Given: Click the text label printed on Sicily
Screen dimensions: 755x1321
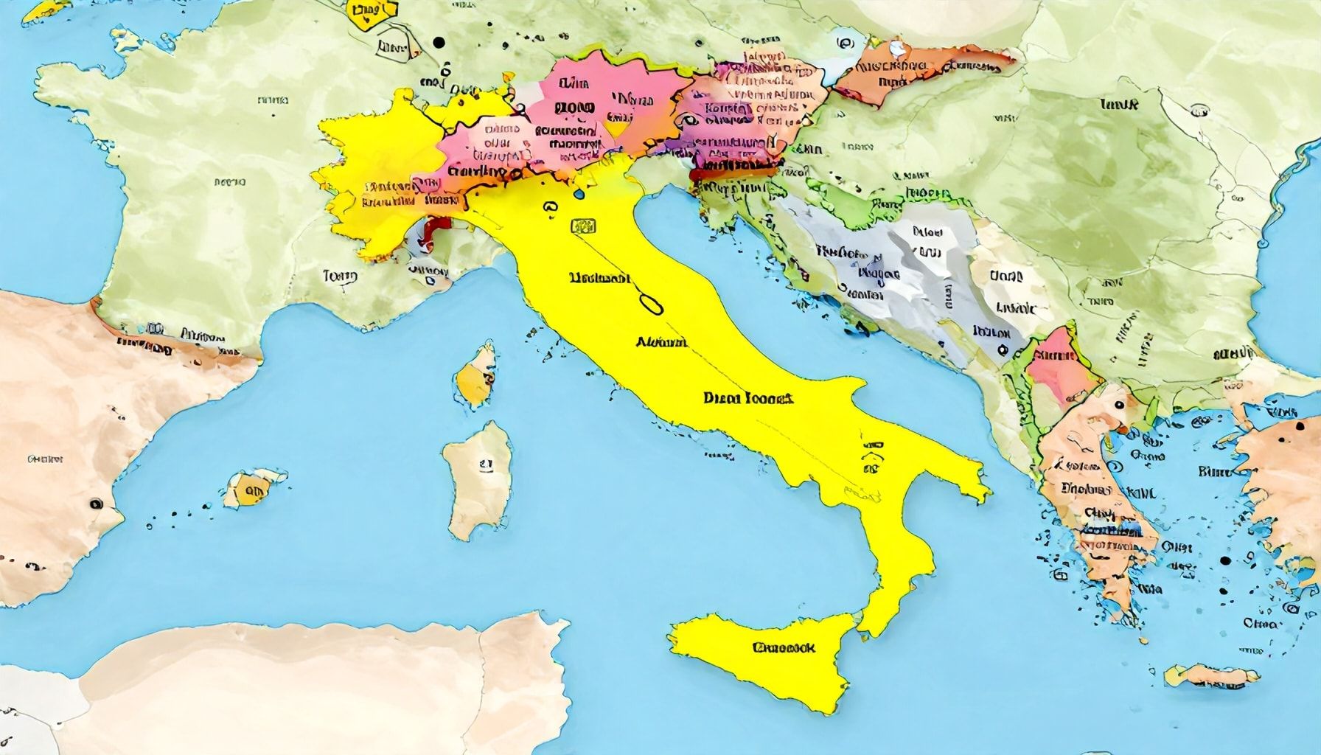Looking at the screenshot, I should (784, 648).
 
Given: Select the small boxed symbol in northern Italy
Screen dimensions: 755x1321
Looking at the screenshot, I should (583, 226).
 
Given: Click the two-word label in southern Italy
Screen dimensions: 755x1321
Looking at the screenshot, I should (747, 399).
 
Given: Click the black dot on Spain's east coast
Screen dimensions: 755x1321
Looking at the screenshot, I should (95, 504).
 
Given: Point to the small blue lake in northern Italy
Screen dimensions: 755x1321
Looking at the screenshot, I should (578, 194).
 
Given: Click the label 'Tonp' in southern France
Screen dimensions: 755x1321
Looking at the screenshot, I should (340, 276).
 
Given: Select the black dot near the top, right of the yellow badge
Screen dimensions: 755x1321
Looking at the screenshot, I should (440, 43).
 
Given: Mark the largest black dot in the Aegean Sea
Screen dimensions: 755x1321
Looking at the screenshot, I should (1225, 560).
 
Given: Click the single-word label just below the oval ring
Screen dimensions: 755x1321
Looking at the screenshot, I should (660, 342).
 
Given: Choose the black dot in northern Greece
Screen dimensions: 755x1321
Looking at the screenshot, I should (1119, 405).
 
